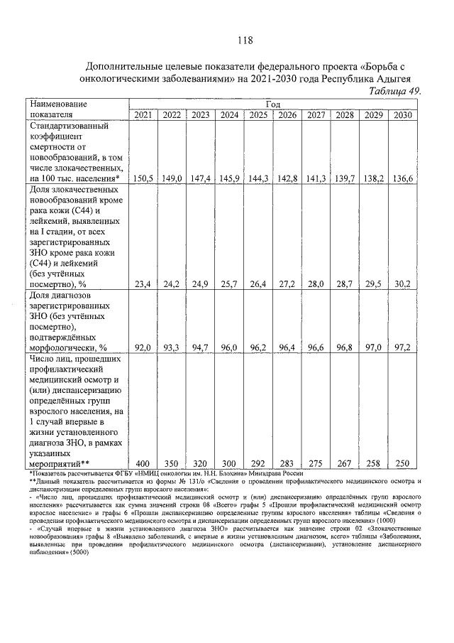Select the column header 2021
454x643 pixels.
click(142, 115)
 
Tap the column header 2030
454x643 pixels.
click(403, 115)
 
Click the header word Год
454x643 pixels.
click(273, 104)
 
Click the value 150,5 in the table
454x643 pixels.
click(142, 179)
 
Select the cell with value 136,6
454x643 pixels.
click(403, 179)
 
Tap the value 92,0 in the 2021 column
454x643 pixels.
click(142, 347)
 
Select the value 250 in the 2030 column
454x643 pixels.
click(402, 463)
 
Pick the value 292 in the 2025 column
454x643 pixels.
click(258, 463)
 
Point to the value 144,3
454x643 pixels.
click(258, 179)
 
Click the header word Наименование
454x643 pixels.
click(57, 104)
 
